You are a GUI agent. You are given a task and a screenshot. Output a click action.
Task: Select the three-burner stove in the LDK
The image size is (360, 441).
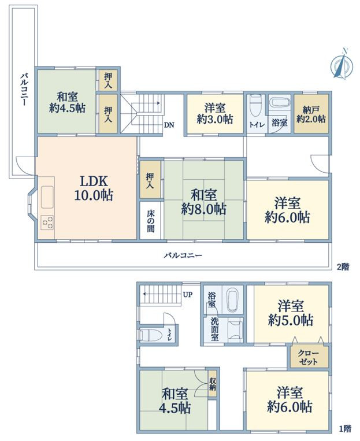pyautogui.click(x=47, y=222)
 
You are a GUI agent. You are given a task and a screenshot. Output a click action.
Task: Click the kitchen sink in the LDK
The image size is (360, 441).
pyautogui.click(x=47, y=197)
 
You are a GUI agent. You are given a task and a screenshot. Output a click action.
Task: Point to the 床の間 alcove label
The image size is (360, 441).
pyautogui.click(x=150, y=221)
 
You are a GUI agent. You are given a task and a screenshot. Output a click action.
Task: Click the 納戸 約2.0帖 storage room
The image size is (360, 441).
pyautogui.click(x=311, y=114)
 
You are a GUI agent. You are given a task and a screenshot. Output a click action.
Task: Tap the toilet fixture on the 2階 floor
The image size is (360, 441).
pyautogui.click(x=256, y=105)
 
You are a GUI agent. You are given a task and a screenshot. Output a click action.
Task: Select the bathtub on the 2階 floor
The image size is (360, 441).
pyautogui.click(x=279, y=101)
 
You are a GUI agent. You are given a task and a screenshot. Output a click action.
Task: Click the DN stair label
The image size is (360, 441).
pyautogui.click(x=169, y=125)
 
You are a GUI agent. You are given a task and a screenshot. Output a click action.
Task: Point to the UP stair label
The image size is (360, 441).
pyautogui.click(x=188, y=295)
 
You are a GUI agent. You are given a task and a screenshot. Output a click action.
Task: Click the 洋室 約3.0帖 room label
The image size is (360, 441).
pyautogui.click(x=215, y=114)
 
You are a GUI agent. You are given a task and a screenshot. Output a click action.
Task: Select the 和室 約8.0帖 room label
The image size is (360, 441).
pyautogui.click(x=203, y=202)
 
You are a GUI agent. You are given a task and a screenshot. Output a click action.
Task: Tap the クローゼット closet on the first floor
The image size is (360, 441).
pyautogui.click(x=309, y=357)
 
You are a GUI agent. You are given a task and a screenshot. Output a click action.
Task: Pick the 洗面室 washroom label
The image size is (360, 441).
pyautogui.click(x=214, y=329)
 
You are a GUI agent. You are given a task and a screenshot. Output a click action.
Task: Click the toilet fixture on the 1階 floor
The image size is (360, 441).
pyautogui.click(x=150, y=335)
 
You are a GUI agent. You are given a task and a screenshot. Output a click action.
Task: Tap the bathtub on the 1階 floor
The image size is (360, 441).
pyautogui.click(x=233, y=300)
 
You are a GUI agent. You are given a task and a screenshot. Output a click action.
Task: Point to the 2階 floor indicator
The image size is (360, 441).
pyautogui.click(x=343, y=267)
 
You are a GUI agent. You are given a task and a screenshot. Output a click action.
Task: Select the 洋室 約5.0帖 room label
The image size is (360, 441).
pyautogui.click(x=291, y=313)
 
